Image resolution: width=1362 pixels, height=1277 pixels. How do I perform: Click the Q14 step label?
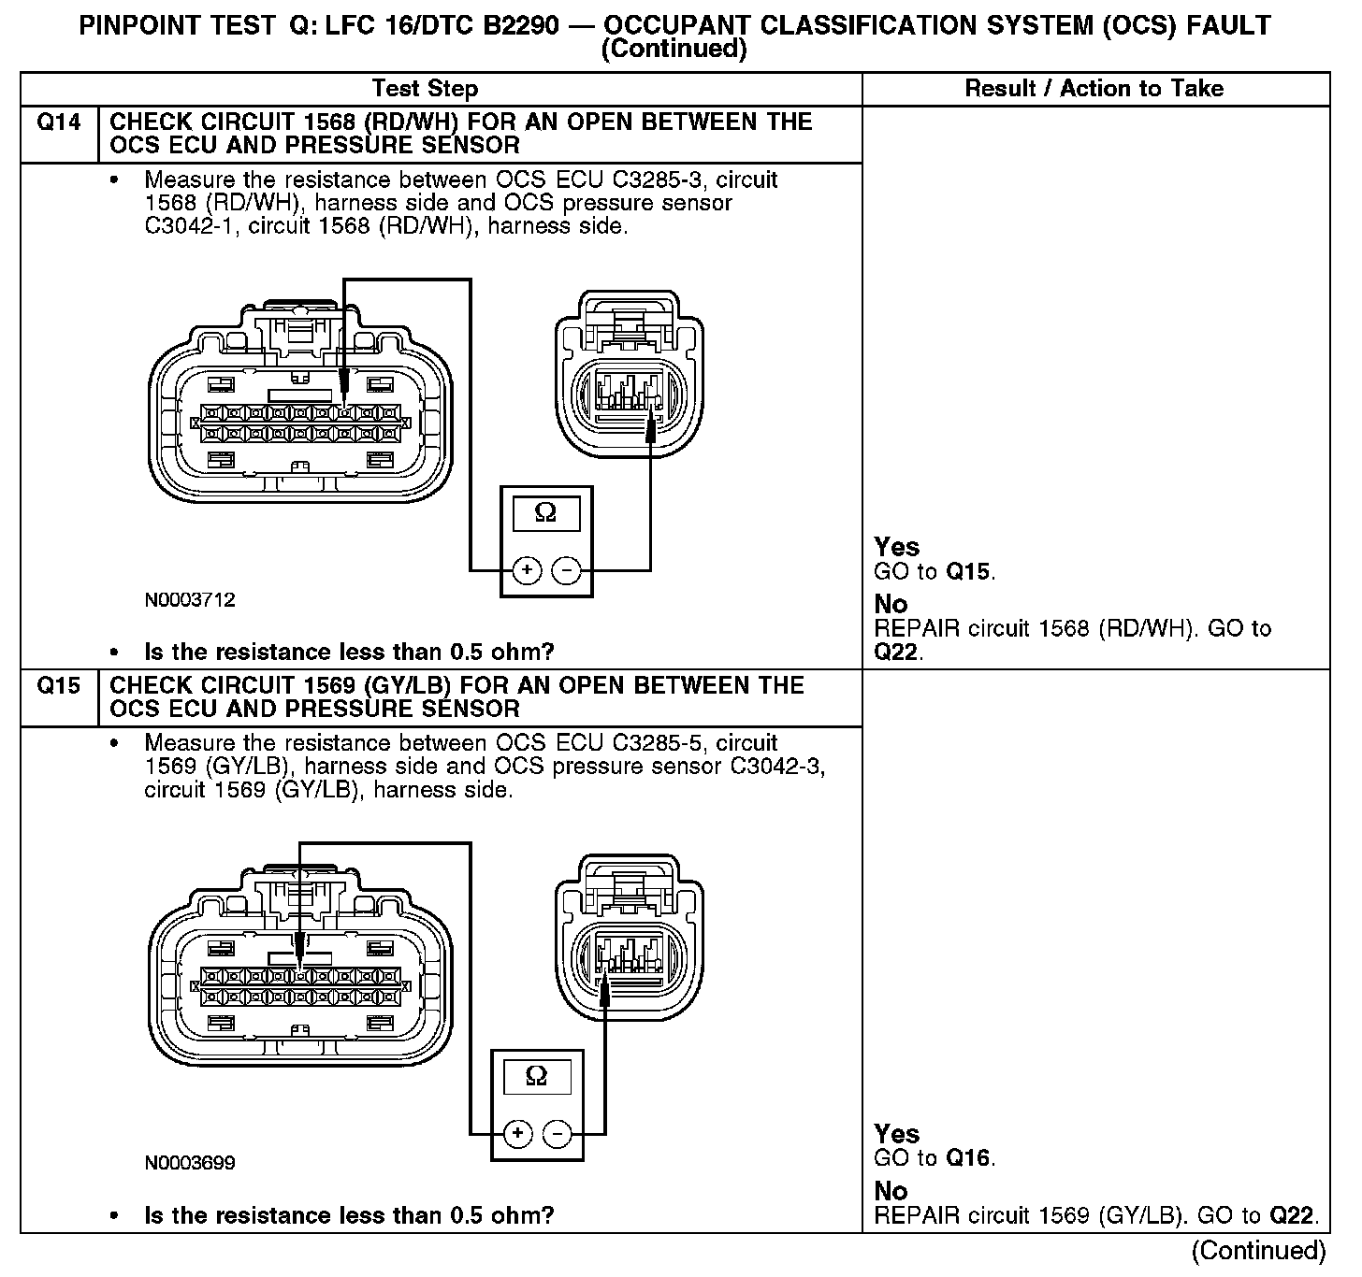58,122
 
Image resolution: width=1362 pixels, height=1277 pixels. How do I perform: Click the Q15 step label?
58,686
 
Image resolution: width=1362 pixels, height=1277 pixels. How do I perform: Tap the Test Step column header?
425,89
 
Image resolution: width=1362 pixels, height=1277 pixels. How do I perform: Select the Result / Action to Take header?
1094,89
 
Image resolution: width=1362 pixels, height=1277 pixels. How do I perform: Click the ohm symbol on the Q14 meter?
545,512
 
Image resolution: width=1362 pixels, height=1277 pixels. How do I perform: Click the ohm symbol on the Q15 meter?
537,1076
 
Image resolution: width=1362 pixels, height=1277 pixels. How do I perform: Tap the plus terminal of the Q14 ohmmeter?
528,569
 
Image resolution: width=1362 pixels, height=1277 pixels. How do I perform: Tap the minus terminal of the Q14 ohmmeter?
566,569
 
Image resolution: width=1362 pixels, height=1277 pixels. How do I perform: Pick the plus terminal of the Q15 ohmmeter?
517,1134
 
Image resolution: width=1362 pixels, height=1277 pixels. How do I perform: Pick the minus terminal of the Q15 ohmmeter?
558,1134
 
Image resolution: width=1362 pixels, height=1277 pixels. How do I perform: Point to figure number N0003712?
190,599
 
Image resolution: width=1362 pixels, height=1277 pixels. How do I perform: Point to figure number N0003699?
190,1163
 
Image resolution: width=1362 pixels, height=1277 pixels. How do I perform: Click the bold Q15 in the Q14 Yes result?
967,571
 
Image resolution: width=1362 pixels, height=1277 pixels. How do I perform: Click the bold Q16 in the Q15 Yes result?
967,1158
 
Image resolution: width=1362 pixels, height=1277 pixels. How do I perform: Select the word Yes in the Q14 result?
896,547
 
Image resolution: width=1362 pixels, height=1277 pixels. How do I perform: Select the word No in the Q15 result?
891,1191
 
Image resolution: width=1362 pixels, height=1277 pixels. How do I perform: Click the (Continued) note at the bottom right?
1259,1250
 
